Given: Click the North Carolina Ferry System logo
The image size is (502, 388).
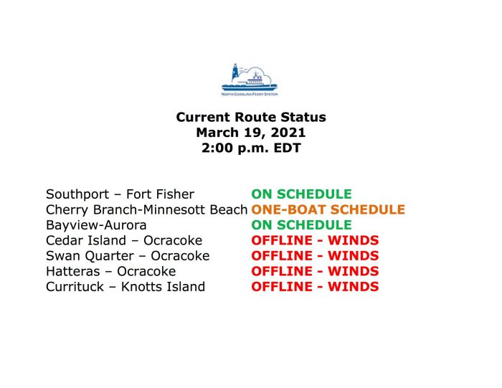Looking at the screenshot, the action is click(250, 80).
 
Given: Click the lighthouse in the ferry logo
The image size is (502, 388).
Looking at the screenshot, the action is click(235, 72).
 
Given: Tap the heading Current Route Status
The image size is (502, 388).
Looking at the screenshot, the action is click(251, 117).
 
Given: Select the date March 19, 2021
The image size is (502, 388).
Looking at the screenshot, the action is click(251, 133).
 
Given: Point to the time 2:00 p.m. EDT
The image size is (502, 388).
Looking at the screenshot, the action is click(251, 148).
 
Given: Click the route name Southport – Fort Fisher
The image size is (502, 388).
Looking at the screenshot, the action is click(120, 194).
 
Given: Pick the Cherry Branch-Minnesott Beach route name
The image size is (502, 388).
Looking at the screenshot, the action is click(146, 209).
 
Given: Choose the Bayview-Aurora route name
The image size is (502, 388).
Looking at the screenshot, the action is click(96, 225).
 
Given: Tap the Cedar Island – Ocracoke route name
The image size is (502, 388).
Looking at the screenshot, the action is click(124, 240).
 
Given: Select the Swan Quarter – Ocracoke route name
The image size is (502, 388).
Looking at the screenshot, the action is click(128, 256).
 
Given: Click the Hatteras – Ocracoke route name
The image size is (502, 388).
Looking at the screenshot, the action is click(110, 271).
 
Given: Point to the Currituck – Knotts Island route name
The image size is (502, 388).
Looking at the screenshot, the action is click(126, 287).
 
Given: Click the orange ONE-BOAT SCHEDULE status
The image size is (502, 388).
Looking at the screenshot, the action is click(328, 209).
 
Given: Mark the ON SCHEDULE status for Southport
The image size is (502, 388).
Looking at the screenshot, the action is click(302, 194).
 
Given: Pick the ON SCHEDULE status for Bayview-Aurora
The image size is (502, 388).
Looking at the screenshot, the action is click(302, 225).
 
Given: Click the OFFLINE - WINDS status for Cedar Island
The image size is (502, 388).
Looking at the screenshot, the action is click(315, 240).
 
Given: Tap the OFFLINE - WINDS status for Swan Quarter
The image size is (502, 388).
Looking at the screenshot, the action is click(315, 256).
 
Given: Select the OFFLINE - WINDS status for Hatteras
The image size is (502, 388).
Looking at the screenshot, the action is click(315, 271).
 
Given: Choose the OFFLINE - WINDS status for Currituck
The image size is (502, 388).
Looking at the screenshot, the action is click(315, 287).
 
